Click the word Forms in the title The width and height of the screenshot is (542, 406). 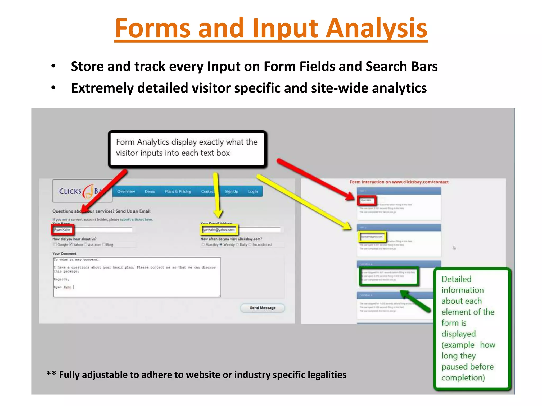[152, 28]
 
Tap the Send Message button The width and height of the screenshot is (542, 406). [263, 308]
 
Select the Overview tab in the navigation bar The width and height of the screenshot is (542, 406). [126, 191]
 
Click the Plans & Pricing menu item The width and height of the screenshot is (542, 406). [178, 191]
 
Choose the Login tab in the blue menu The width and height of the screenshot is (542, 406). [253, 191]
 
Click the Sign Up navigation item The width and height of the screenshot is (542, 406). [232, 191]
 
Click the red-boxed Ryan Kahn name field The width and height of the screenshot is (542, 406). [62, 230]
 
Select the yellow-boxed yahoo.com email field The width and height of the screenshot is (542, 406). [219, 230]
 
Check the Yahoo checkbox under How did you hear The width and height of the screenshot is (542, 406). [71, 244]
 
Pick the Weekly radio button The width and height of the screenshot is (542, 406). [221, 244]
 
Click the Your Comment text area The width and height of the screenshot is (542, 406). [137, 277]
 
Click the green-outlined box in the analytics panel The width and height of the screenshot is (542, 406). [389, 276]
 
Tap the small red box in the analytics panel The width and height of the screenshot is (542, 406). [367, 200]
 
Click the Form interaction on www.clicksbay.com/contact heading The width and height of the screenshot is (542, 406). [399, 182]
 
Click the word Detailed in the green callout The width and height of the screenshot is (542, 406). [457, 279]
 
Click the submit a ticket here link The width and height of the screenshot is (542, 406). [136, 219]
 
